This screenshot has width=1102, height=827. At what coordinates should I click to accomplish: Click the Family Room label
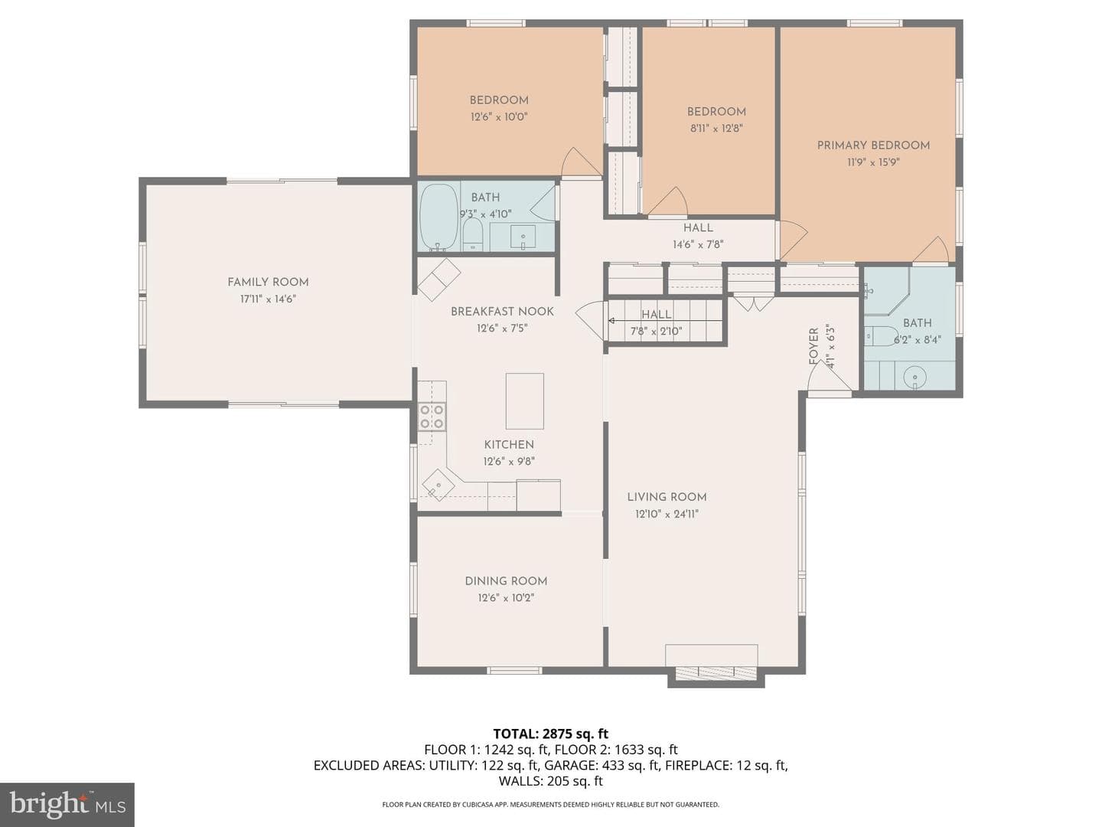[268, 283]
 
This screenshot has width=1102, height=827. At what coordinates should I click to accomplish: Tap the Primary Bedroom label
[873, 145]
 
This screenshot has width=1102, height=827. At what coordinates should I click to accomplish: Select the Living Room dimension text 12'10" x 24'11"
[667, 514]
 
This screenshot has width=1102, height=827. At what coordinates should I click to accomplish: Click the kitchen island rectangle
[525, 400]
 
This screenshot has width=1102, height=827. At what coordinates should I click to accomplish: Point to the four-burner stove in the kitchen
[432, 417]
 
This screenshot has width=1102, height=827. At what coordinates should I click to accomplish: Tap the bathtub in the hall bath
[439, 217]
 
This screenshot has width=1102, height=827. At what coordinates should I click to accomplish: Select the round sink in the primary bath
[915, 377]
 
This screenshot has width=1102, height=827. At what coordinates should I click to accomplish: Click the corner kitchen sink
[439, 485]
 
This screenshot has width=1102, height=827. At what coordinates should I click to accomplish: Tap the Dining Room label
[506, 581]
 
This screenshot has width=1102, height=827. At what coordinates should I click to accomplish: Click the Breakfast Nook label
[502, 312]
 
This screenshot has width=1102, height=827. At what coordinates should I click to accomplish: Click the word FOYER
[813, 346]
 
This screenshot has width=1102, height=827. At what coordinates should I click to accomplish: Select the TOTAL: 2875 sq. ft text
[551, 734]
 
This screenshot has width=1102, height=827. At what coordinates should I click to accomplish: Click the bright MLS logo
[67, 804]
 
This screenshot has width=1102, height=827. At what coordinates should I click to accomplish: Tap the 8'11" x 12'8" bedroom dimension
[716, 129]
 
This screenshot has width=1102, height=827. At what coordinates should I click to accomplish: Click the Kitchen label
[509, 444]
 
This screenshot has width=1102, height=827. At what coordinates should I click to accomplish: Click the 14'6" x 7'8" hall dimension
[698, 244]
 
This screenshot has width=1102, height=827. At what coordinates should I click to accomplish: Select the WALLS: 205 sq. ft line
[551, 781]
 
